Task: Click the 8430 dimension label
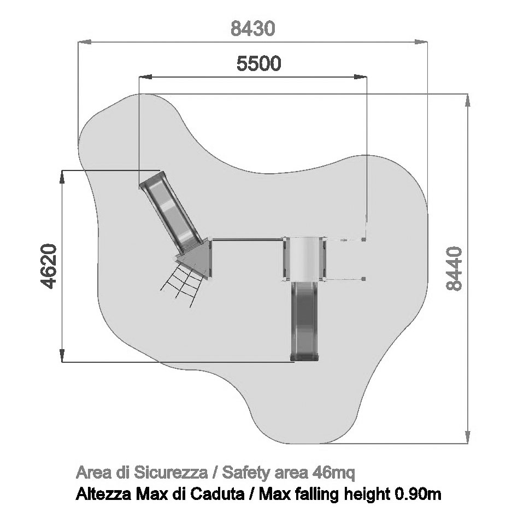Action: [252, 29]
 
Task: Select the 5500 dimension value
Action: [258, 63]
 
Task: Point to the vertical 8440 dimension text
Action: [454, 268]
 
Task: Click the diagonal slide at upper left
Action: [172, 212]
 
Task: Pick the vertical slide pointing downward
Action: [304, 321]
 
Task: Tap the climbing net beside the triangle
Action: [182, 285]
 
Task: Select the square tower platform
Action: [304, 258]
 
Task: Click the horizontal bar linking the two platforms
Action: [248, 240]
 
